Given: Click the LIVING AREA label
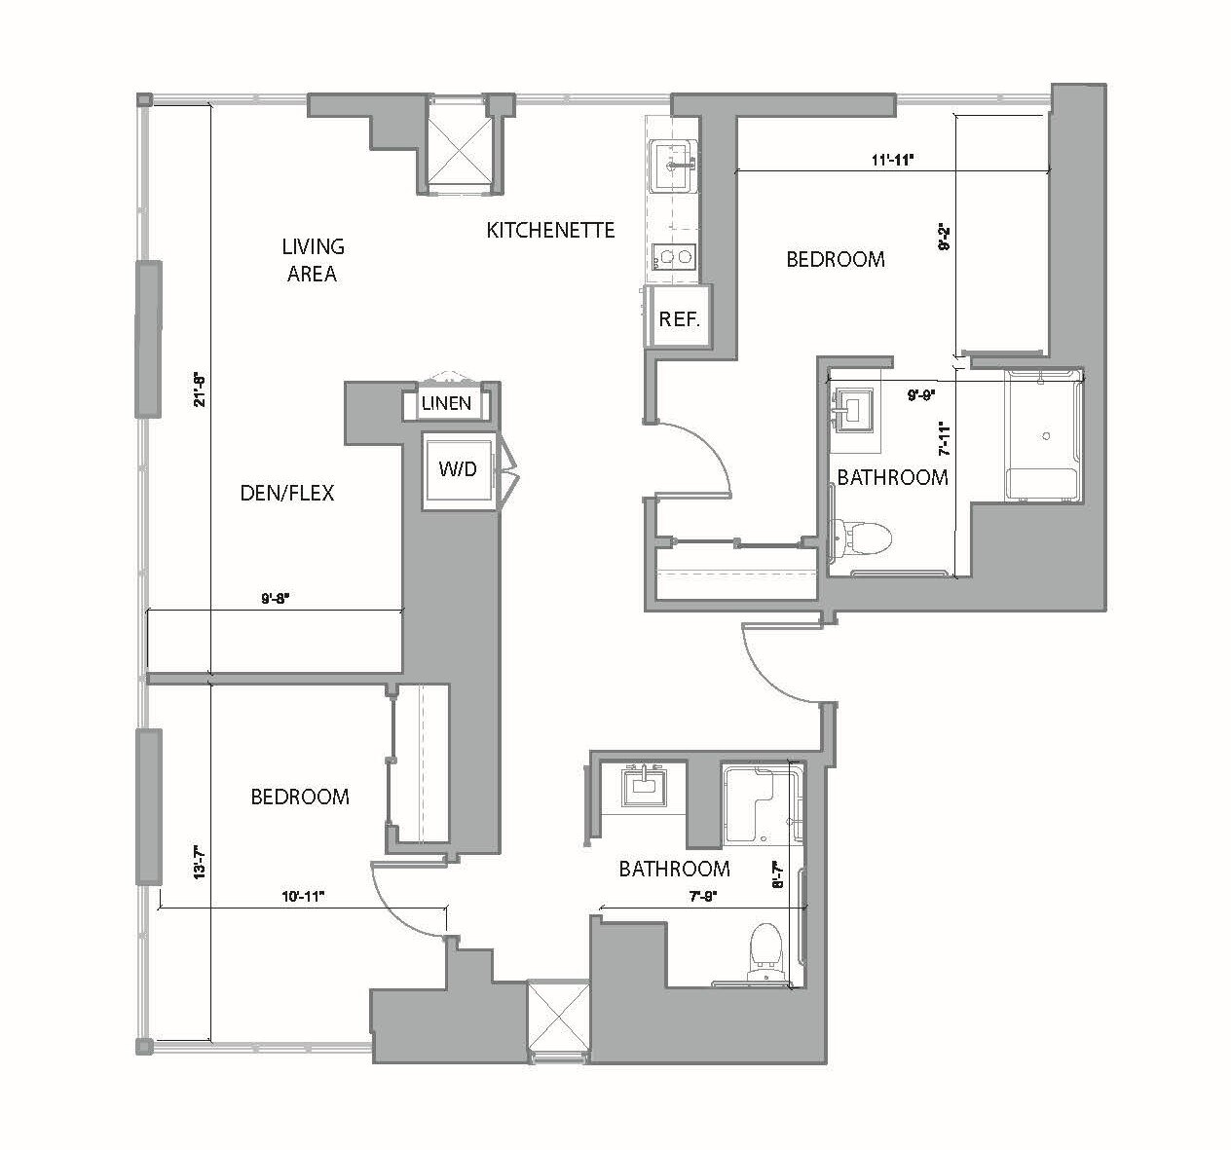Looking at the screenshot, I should pos(312,260).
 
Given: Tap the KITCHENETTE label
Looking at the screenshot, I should pos(550,230).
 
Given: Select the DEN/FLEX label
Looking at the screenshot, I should pos(286,493).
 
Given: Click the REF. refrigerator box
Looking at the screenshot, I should pos(679,318).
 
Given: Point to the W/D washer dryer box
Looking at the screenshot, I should pos(457,469).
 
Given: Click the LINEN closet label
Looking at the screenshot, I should pos(447,403).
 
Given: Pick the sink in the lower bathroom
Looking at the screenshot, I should pos(642,783).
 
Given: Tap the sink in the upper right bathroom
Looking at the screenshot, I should pos(856,408).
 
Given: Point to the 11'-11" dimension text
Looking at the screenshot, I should pos(891,161).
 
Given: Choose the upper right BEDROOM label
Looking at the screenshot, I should pos(836,259).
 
